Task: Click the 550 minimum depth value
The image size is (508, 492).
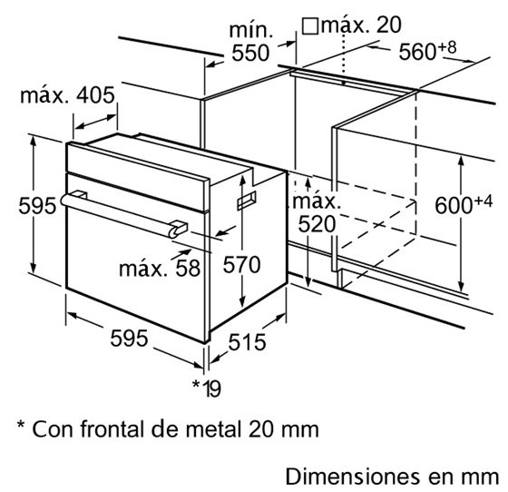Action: tap(250, 53)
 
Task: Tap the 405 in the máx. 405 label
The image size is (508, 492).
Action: tap(95, 95)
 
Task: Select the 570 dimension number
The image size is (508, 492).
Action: tap(241, 264)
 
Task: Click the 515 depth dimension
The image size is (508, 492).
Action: tap(247, 342)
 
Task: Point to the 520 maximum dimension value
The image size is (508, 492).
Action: tap(317, 224)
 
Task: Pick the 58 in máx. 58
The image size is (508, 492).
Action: tap(188, 269)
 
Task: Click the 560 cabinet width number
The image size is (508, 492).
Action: tap(417, 52)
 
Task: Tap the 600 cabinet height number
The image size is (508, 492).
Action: tap(454, 205)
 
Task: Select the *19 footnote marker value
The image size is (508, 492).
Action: tap(207, 388)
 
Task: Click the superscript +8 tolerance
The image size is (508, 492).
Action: tap(447, 47)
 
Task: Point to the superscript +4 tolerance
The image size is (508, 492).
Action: tap(483, 202)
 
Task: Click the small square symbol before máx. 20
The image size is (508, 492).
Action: tap(310, 26)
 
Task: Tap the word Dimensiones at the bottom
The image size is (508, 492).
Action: tap(353, 477)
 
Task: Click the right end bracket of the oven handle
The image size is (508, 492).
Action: tap(178, 229)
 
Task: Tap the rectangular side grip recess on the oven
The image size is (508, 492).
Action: tap(247, 201)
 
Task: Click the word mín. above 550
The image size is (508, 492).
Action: tap(251, 30)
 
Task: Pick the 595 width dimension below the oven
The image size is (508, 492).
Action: tap(129, 339)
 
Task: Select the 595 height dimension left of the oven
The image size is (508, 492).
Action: tap(37, 205)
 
